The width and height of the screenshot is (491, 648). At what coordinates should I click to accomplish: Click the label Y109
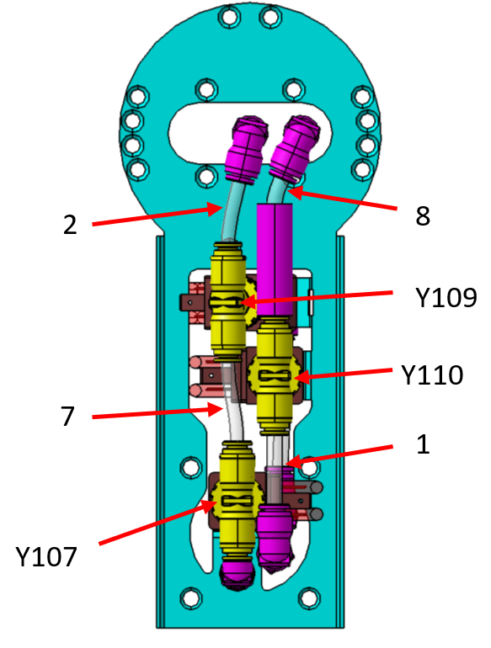(446, 297)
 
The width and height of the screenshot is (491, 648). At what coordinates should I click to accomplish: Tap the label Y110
(432, 374)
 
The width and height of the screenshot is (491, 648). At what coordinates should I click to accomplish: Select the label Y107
(46, 556)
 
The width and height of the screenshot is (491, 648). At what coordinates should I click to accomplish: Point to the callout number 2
(70, 226)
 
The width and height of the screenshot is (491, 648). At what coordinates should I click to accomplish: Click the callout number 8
(423, 215)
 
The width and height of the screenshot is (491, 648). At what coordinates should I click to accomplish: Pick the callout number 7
(68, 417)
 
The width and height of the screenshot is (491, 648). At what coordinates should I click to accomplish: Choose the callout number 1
(423, 444)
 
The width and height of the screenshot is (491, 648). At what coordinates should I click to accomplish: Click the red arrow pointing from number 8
(342, 199)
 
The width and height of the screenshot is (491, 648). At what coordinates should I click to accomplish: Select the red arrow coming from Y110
(343, 374)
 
